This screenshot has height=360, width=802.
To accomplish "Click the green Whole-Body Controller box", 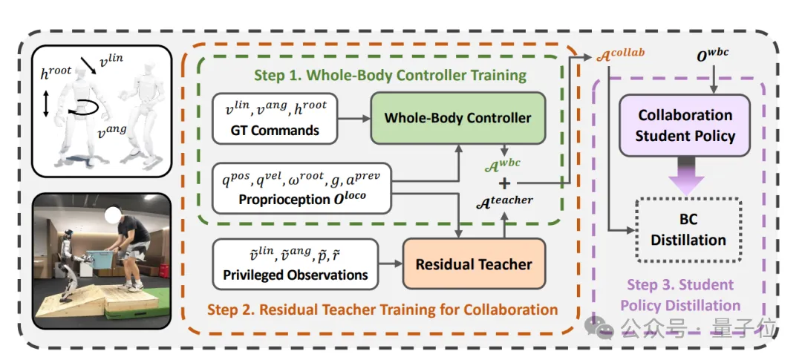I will pyautogui.click(x=457, y=117).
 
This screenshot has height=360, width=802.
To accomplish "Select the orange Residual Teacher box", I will pyautogui.click(x=474, y=264).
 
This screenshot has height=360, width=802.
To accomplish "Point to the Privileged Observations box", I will pyautogui.click(x=296, y=264).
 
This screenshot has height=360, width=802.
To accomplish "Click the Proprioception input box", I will pyautogui.click(x=301, y=188).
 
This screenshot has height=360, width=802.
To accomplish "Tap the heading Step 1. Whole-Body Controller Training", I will pyautogui.click(x=390, y=75).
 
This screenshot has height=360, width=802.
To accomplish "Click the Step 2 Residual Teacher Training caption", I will pyautogui.click(x=382, y=310).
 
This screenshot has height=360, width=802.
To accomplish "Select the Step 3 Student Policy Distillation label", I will pyautogui.click(x=680, y=295).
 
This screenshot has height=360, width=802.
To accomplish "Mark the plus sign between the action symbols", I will pyautogui.click(x=504, y=182).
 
